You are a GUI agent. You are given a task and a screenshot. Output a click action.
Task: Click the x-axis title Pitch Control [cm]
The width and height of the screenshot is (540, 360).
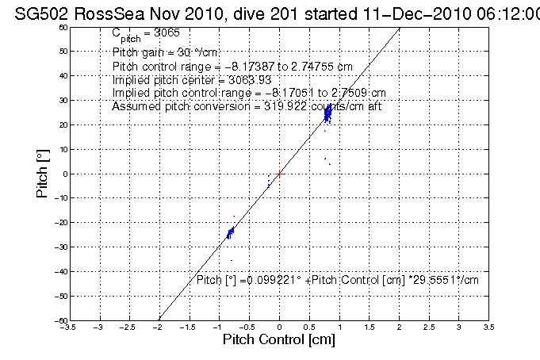[279, 341]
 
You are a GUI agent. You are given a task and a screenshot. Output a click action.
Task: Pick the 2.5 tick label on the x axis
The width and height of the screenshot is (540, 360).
[429, 326]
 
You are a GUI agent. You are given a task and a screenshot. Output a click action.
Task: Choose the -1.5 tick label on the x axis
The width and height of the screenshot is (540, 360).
[189, 326]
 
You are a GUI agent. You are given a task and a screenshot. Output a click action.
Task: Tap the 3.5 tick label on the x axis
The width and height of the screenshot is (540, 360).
[488, 326]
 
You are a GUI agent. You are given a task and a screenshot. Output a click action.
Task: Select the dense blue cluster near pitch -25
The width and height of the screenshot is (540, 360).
[230, 232]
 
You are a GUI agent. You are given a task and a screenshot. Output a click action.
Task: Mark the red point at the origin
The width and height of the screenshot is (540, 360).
[279, 173]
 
